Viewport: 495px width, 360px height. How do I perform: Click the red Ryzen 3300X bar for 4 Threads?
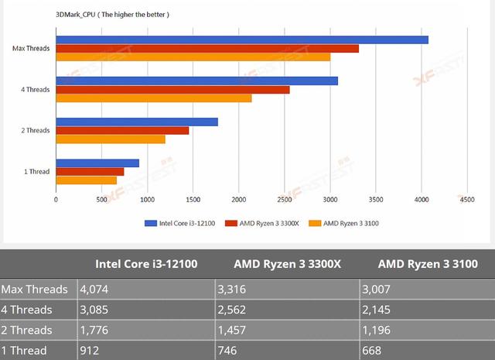[x=172, y=90]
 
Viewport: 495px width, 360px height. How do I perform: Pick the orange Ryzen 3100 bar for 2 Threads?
[x=111, y=139]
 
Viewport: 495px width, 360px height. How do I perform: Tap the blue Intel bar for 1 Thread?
[x=97, y=163]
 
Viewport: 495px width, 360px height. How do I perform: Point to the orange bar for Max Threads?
[x=193, y=57]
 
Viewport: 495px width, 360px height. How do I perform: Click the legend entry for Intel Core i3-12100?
[x=181, y=224]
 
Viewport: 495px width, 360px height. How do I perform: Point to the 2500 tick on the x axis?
[x=285, y=200]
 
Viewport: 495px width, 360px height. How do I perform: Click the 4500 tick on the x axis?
[x=466, y=200]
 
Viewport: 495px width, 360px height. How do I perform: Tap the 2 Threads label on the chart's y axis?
[x=36, y=130]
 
